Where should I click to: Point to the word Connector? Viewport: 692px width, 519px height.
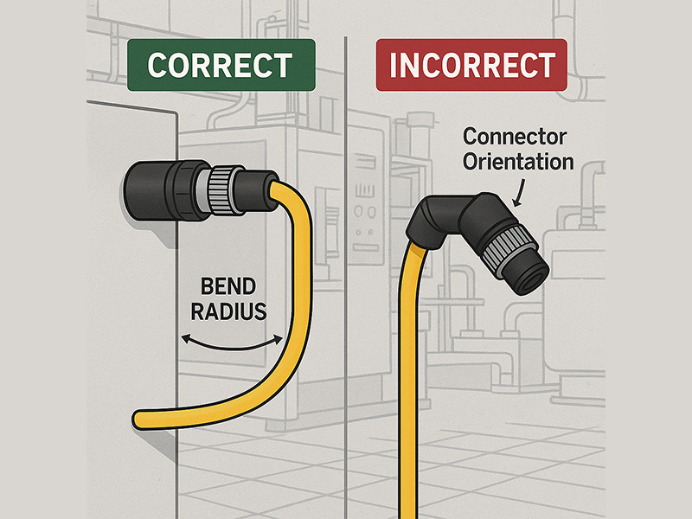coord(514,137)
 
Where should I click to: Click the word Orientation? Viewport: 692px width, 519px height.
coord(518,160)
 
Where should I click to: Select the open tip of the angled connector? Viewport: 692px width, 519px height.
coord(529,276)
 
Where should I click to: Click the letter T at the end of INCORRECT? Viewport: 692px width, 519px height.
coord(544,66)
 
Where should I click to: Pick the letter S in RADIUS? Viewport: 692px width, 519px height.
coord(258,311)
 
